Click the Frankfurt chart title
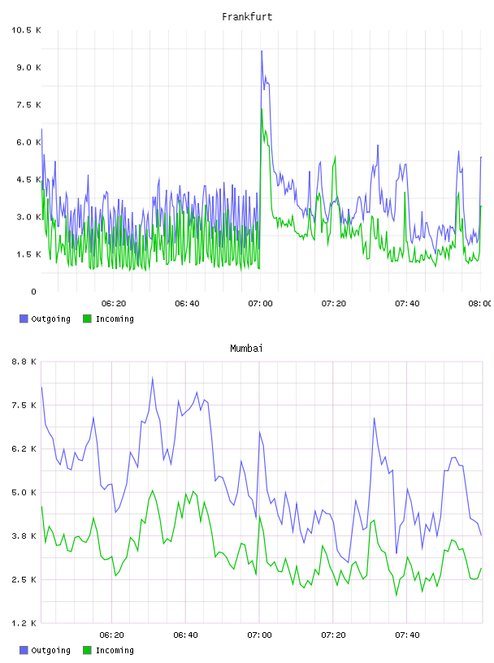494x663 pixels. pos(247,17)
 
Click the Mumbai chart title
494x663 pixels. pos(246,349)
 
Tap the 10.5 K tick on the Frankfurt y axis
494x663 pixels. pos(26,30)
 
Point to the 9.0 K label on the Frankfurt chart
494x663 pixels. pos(28,67)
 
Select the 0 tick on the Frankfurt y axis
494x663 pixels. pos(34,292)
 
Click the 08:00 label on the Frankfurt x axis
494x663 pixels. pos(479,304)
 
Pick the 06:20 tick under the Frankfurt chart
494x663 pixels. pos(114,304)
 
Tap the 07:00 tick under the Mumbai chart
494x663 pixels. pos(260,635)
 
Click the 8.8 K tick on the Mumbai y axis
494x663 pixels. pos(24,362)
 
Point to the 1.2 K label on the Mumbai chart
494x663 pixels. pos(24,623)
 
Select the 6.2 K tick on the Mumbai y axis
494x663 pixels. pos(24,448)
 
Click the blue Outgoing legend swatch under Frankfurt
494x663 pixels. pos(24,318)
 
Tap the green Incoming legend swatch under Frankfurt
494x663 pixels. pos(87,318)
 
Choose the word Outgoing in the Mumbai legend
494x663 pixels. pos(50,650)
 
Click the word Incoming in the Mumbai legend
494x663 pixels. pos(115,650)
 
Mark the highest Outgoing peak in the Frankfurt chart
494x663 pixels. pos(262,51)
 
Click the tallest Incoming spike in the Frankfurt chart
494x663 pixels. pos(262,109)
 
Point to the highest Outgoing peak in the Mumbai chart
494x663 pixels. pos(153,378)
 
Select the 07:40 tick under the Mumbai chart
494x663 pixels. pos(407,635)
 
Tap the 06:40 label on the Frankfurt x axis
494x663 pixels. pos(187,304)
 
